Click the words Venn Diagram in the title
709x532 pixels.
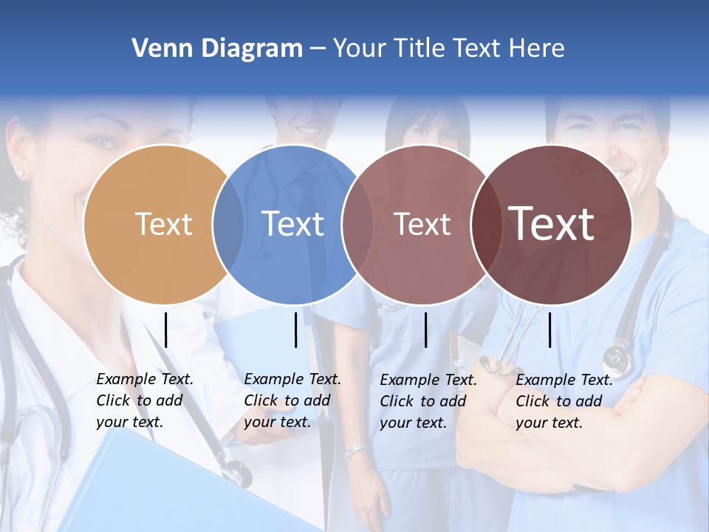click(217, 49)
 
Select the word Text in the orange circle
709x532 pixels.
click(164, 224)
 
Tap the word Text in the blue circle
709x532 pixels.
click(292, 224)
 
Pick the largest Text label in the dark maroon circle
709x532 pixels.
click(551, 224)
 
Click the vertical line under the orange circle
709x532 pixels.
click(165, 330)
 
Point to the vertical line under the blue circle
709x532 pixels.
click(295, 330)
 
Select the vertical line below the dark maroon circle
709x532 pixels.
click(549, 330)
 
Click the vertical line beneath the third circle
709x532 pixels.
click(425, 330)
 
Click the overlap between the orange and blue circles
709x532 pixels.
click(228, 224)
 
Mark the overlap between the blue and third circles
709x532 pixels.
click(357, 224)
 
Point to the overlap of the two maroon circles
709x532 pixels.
click(485, 224)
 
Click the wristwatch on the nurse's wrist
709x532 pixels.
click(356, 451)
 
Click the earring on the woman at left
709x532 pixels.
click(20, 174)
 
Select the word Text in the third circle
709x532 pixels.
click(422, 224)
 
